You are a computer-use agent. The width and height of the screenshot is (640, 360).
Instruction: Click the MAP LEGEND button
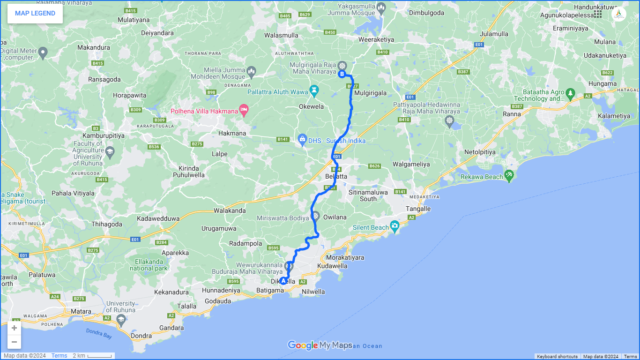35,13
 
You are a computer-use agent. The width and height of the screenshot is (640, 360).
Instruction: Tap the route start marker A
283,281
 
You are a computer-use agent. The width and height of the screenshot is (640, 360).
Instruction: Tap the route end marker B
342,74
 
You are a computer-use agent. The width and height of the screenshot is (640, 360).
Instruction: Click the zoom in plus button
15,328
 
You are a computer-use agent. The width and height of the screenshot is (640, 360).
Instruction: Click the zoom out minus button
15,342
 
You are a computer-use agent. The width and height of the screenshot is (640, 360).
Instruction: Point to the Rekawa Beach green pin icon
509,176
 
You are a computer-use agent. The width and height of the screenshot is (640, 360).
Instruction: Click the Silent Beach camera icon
395,227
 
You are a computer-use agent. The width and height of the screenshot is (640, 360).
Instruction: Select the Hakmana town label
232,133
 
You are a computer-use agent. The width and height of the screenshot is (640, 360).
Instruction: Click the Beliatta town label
336,176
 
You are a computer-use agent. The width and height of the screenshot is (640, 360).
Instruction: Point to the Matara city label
81,311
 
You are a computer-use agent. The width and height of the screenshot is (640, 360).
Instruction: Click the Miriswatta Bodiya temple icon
315,217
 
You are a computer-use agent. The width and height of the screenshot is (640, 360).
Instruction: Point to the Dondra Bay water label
99,333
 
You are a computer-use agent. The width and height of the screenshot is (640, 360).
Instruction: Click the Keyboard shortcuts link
557,357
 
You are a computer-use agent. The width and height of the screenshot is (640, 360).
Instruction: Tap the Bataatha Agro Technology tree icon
570,93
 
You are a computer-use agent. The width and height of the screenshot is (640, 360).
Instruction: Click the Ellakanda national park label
148,265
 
